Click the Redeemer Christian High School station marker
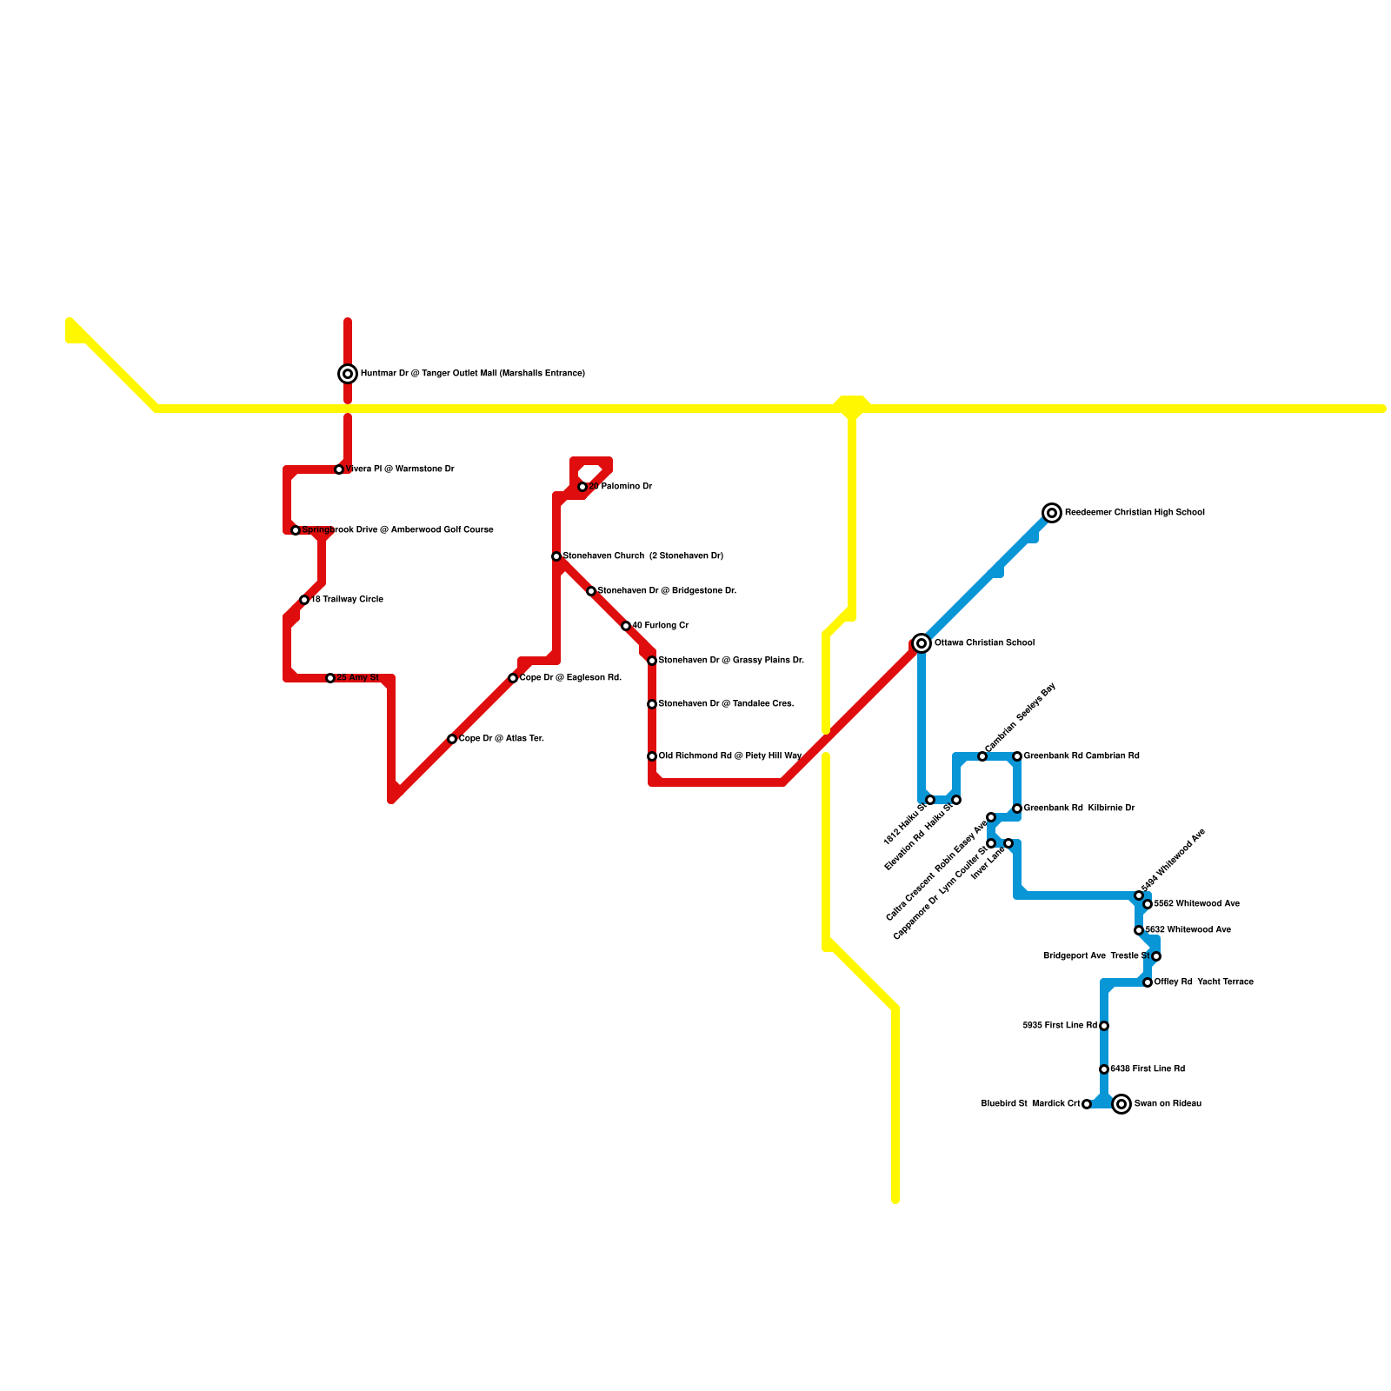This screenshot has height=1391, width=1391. [1052, 513]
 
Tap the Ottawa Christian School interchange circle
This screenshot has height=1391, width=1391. [922, 643]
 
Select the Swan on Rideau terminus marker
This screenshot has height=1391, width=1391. [1121, 1104]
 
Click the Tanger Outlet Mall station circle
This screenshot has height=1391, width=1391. [348, 374]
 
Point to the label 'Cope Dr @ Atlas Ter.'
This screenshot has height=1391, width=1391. [502, 739]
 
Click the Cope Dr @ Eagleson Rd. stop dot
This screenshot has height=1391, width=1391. [513, 678]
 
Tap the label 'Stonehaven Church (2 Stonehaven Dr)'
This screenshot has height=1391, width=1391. [642, 556]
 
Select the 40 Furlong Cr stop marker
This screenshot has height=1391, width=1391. [626, 626]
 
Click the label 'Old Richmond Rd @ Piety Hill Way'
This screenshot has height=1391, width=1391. [729, 756]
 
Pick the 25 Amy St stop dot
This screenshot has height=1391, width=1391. [330, 678]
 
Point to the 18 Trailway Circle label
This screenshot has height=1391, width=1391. [347, 600]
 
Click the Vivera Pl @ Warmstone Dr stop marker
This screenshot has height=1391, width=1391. [339, 469]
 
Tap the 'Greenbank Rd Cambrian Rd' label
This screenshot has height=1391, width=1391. [1082, 756]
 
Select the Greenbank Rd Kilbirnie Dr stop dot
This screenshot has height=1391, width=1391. [1017, 809]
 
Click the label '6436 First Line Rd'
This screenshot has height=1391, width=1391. [1148, 1069]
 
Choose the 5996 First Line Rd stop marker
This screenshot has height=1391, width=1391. [1104, 1026]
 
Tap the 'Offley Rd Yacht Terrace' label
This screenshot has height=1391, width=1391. [1204, 982]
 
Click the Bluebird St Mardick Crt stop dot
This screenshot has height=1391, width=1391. [1087, 1104]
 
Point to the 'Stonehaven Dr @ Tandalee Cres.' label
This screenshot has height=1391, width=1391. [726, 704]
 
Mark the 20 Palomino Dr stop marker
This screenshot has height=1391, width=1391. [582, 487]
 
